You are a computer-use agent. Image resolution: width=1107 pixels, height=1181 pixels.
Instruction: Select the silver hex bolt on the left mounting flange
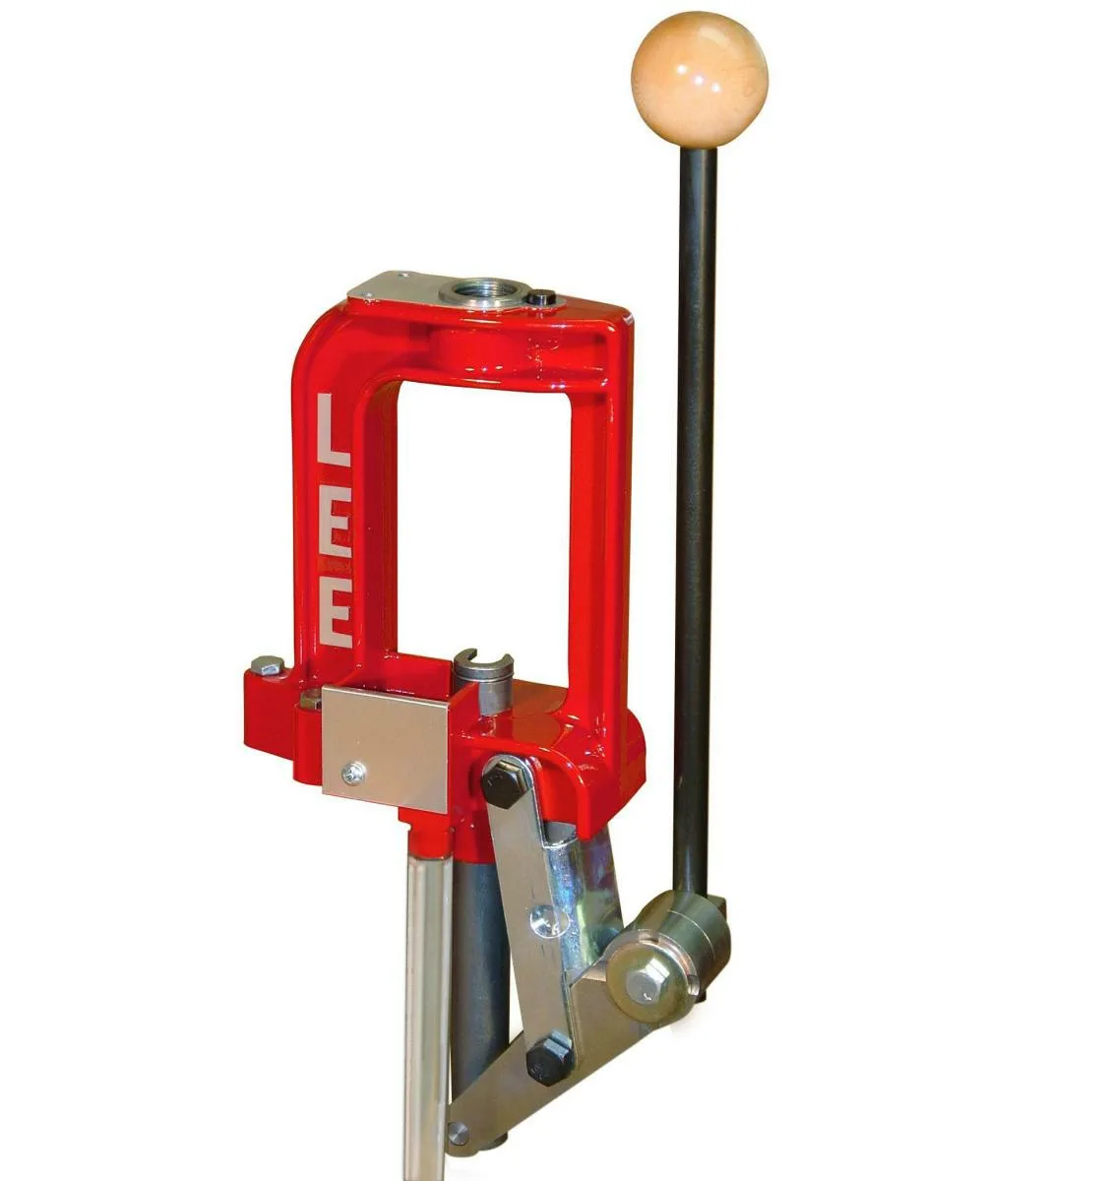267,665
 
